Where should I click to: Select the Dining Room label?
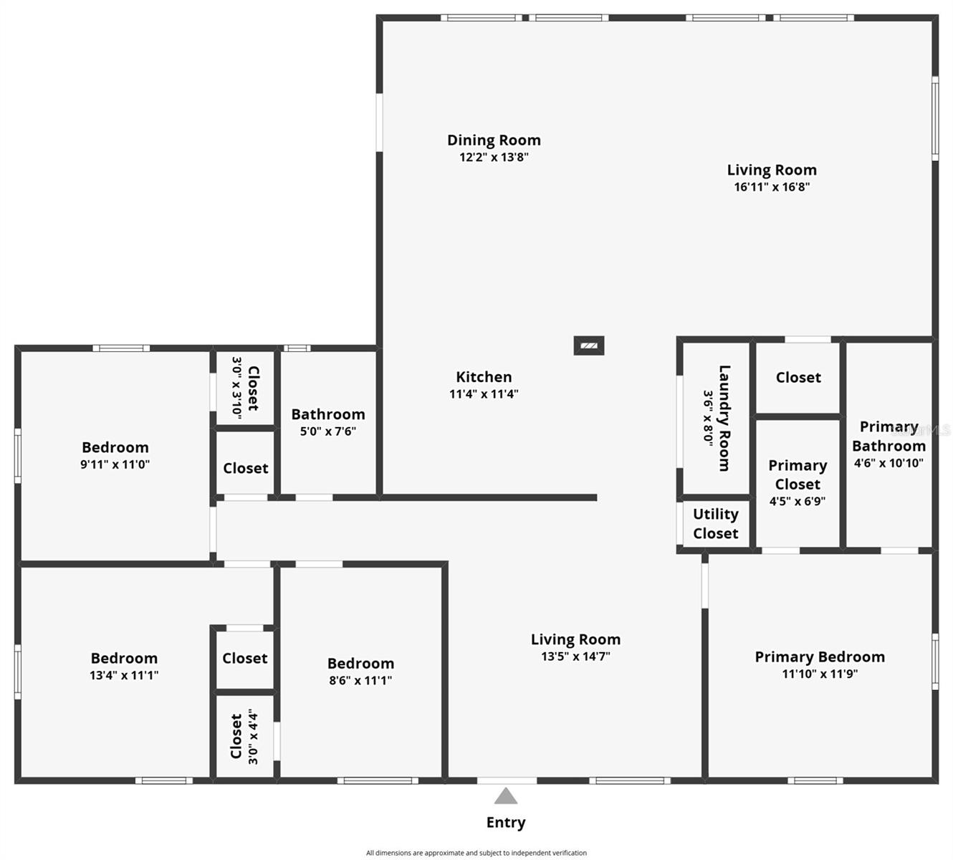(x=494, y=140)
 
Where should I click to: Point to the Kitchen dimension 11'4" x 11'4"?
(x=484, y=394)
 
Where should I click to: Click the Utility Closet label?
(x=715, y=524)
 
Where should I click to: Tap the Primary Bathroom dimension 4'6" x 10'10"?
(x=889, y=463)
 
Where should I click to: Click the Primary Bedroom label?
(x=820, y=657)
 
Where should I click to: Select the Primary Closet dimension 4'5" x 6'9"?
(x=798, y=501)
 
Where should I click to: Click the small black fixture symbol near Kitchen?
(x=589, y=345)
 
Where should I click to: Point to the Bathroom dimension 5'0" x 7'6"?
(x=327, y=431)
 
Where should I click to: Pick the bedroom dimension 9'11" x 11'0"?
(x=115, y=464)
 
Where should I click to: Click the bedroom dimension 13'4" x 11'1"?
(x=124, y=675)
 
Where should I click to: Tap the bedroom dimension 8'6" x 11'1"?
(x=360, y=680)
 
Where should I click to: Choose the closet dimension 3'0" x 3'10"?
(x=236, y=388)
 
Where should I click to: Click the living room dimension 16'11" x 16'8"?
(x=772, y=187)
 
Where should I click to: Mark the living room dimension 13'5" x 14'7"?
(x=576, y=656)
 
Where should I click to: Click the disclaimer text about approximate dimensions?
(x=477, y=853)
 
